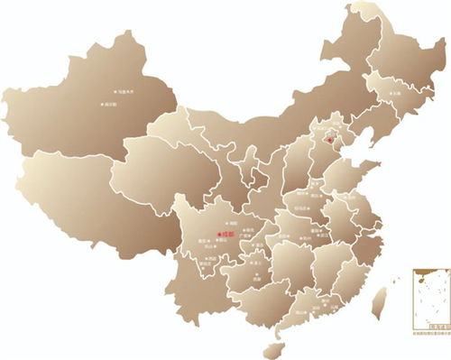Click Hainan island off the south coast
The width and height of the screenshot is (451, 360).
[269, 346]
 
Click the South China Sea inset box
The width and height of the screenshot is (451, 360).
[428, 299]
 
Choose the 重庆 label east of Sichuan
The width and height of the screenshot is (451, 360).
[260, 245]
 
